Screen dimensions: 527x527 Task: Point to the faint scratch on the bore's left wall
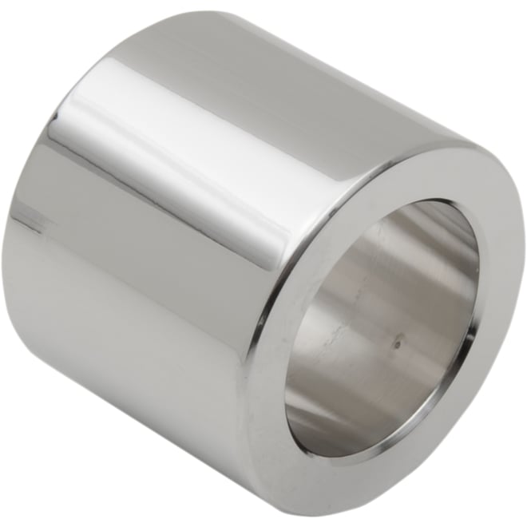click(319, 319)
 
